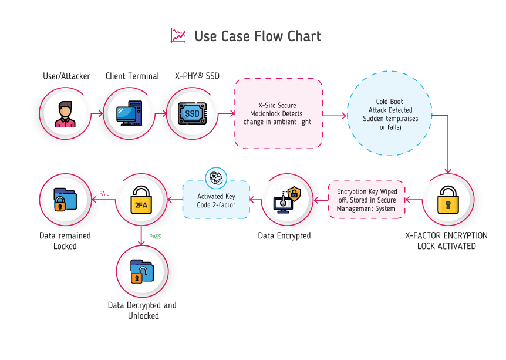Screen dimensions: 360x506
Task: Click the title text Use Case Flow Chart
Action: pos(258,36)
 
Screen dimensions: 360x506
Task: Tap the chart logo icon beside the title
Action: pos(177,36)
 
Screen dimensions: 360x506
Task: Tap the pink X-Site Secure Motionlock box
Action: pos(278,113)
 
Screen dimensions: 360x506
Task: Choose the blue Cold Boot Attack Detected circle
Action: pos(389,113)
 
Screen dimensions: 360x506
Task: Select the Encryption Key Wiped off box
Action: pos(366,200)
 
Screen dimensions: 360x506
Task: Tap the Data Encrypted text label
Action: pos(284,236)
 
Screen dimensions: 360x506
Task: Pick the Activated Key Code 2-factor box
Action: pos(215,200)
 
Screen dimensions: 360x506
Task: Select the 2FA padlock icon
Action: pos(142,200)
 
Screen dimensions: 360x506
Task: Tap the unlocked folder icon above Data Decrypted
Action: pos(142,270)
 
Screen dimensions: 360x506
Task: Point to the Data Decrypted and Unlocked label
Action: pos(142,310)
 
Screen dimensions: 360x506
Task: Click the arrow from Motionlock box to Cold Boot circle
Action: pos(335,116)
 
